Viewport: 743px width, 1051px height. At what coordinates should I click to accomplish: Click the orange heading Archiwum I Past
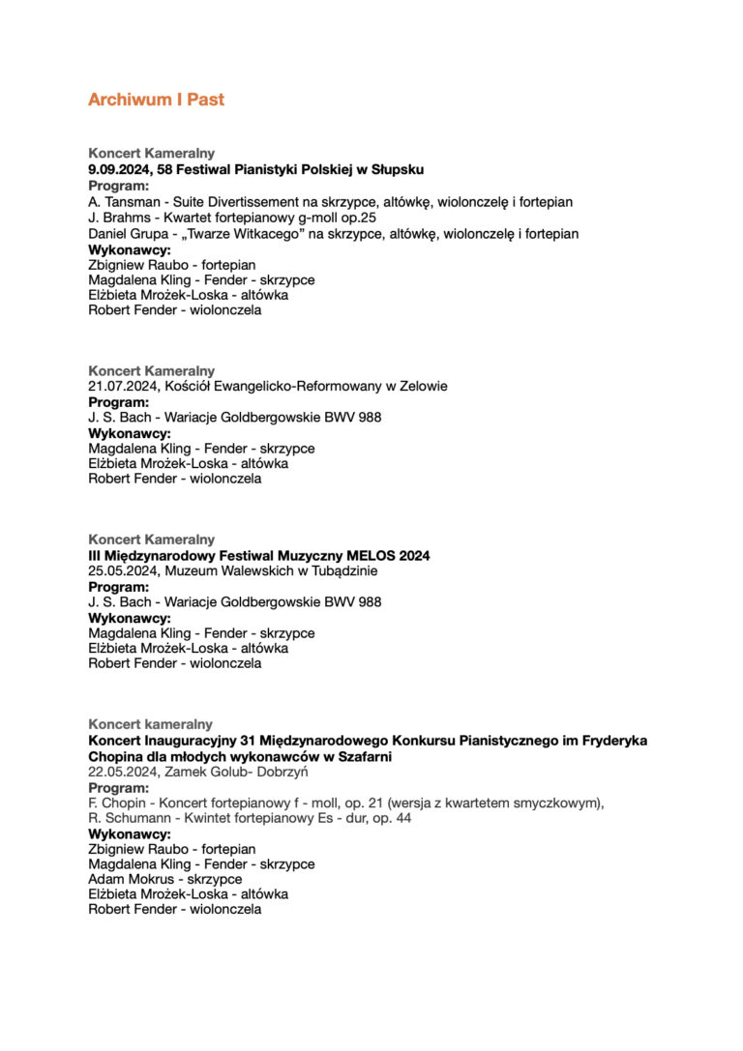point(156,100)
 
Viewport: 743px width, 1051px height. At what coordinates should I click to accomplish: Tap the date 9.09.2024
point(119,169)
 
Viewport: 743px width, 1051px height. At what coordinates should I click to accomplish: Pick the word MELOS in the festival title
point(364,556)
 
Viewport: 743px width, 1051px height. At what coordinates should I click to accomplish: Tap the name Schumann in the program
point(134,818)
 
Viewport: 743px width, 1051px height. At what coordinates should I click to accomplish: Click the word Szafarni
point(363,756)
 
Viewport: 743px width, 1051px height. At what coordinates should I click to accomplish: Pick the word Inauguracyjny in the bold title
point(184,741)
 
